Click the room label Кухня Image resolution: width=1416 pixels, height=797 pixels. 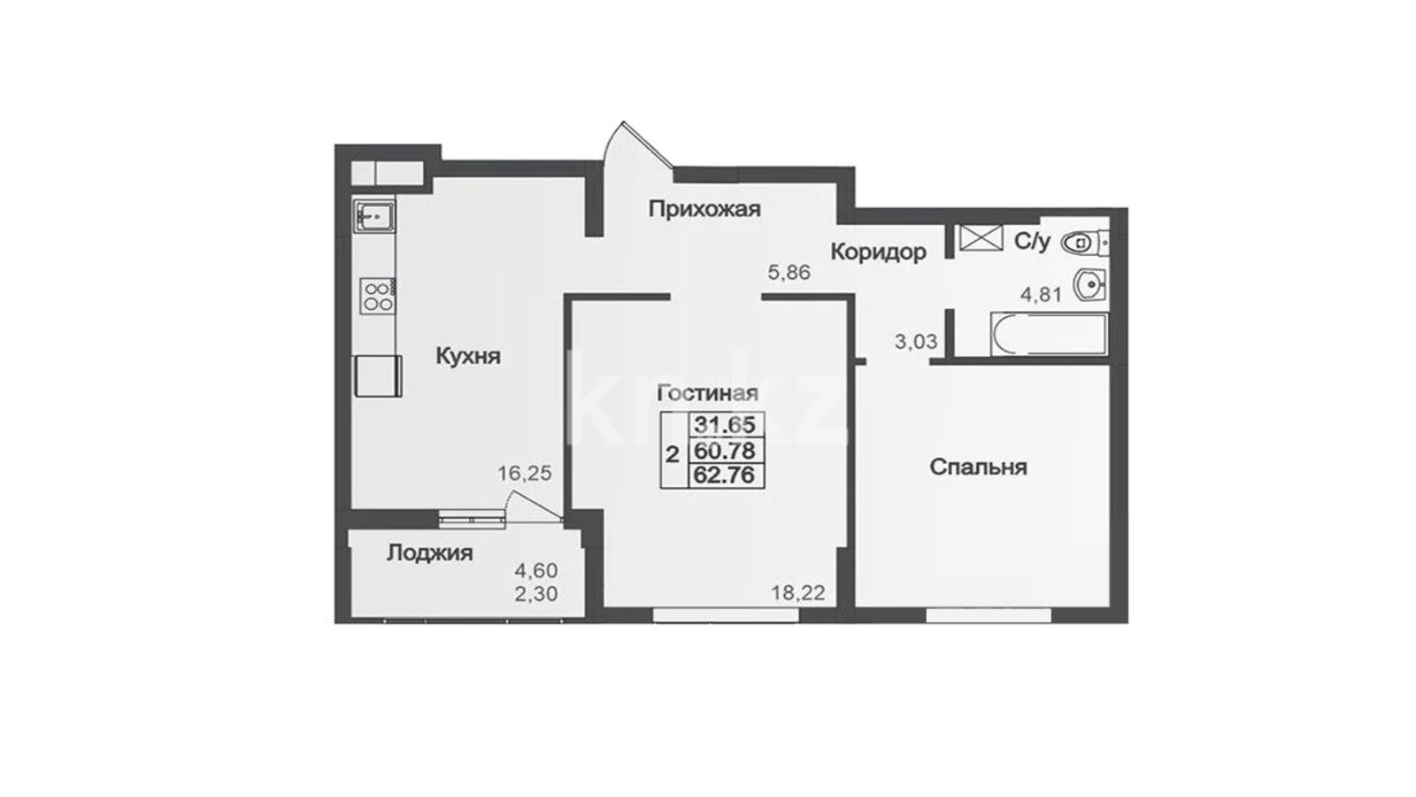tap(468, 357)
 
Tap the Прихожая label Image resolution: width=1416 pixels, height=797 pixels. tap(704, 209)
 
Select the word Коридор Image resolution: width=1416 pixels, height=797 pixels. tap(878, 252)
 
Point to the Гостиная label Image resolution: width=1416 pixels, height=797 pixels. tap(708, 393)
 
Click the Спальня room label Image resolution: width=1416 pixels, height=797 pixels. tap(978, 468)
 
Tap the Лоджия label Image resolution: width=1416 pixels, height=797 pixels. tap(430, 553)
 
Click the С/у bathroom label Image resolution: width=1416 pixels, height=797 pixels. tap(1032, 242)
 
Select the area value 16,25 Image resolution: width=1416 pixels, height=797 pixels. tap(525, 473)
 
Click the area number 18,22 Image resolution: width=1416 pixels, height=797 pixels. tap(798, 593)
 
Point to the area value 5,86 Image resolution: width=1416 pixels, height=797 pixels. tap(789, 273)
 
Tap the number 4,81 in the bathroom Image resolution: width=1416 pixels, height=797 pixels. tap(1042, 294)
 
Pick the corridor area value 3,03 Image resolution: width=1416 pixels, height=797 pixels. tap(916, 342)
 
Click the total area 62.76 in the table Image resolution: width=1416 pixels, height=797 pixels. tap(725, 475)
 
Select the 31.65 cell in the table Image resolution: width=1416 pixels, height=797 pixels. tap(725, 424)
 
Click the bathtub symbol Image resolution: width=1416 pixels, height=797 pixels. tap(1050, 334)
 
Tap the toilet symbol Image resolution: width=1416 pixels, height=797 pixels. tap(1084, 243)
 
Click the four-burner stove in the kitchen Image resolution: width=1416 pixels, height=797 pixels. tap(377, 296)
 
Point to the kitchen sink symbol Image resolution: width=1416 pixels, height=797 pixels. tap(374, 216)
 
